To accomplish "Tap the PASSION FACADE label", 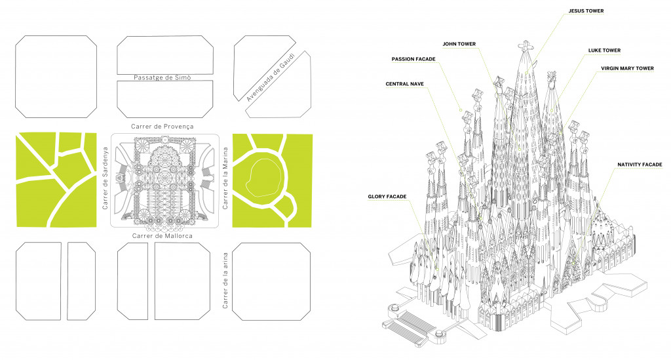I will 413,59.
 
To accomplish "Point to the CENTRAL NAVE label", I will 404,83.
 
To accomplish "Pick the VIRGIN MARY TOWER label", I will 627,68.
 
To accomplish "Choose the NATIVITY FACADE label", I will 639,165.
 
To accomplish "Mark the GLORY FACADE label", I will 387,195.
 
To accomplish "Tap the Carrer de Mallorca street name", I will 163,236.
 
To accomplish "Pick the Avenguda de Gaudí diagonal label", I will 271,77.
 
